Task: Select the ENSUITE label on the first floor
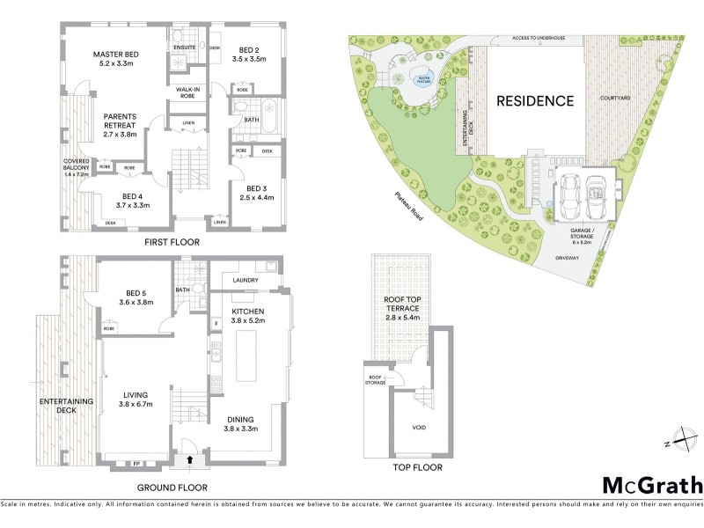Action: click(184, 47)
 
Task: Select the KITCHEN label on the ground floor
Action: click(247, 312)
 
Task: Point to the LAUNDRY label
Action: click(246, 281)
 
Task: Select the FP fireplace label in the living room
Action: click(136, 463)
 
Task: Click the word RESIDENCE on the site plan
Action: click(535, 100)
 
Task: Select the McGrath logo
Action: click(652, 484)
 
